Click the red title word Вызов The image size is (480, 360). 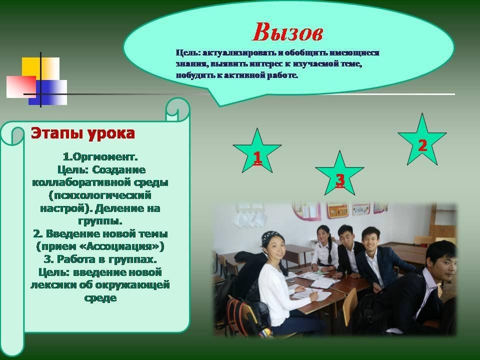pos(288,32)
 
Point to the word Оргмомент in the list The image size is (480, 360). pos(103,157)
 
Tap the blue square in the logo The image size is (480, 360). pos(47,92)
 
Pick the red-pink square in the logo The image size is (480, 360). pos(21,86)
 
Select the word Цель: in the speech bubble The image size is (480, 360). pos(188,52)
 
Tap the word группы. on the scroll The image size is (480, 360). pos(100,221)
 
